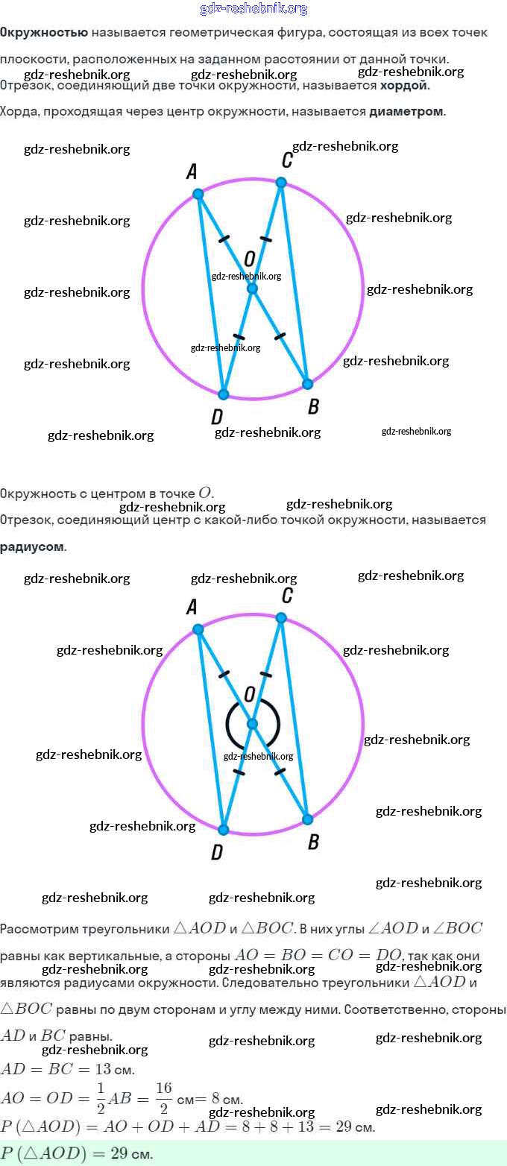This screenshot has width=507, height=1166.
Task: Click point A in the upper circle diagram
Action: tap(198, 194)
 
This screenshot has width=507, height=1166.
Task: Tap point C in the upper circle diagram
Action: tap(281, 182)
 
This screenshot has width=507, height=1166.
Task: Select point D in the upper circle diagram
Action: tap(223, 394)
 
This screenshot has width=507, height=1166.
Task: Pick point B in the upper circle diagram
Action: tap(307, 384)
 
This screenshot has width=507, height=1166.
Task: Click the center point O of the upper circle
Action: tap(252, 289)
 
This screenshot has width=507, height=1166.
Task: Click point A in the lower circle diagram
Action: tap(198, 629)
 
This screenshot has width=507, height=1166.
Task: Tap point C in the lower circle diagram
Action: tap(281, 617)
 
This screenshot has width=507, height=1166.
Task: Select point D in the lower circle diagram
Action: tap(223, 830)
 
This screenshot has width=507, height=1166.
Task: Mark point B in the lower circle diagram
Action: tap(307, 819)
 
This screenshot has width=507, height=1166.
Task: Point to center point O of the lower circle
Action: tap(252, 724)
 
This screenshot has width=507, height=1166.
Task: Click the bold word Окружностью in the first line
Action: tap(44, 33)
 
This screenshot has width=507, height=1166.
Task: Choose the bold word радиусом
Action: tap(32, 546)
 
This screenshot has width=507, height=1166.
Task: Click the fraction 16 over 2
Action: tap(163, 1097)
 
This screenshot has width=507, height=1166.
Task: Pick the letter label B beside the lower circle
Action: tap(313, 842)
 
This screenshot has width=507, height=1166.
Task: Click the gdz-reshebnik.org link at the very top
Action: tap(253, 9)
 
